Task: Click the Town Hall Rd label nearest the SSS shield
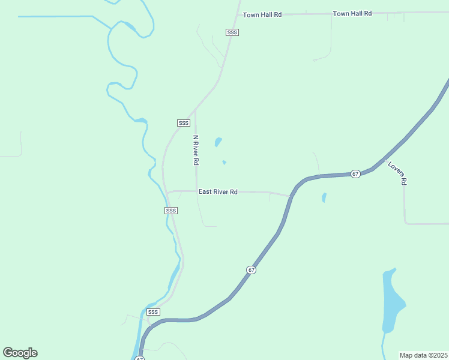(x=262, y=14)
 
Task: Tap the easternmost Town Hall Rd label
(x=352, y=13)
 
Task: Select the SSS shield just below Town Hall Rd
(x=232, y=32)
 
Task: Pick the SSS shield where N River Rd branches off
(x=184, y=123)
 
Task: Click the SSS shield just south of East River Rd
(x=171, y=211)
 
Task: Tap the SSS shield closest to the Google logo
(x=153, y=312)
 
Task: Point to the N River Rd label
(x=196, y=150)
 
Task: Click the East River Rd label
(x=218, y=192)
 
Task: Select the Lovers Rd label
(x=397, y=173)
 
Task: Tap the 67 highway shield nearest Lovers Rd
(x=355, y=174)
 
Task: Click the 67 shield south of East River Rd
(x=252, y=270)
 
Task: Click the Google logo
(x=20, y=353)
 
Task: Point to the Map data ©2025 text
(x=423, y=355)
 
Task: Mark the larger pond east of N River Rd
(x=218, y=143)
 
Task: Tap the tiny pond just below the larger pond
(x=224, y=162)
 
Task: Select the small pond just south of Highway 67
(x=324, y=197)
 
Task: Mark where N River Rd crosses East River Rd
(x=196, y=191)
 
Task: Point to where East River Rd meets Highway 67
(x=291, y=196)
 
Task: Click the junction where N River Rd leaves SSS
(x=195, y=110)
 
